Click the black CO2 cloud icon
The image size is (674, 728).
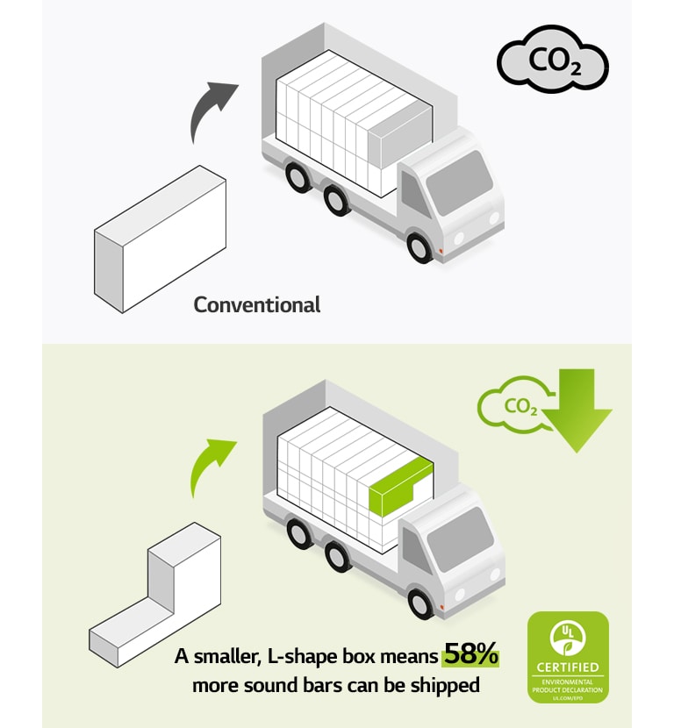pos(553,63)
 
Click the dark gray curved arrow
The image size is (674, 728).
pos(211,110)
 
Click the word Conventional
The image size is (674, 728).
pos(257,305)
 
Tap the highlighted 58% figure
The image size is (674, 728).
pos(470,653)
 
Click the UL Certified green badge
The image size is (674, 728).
pos(567,657)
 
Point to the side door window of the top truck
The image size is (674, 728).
pos(412,194)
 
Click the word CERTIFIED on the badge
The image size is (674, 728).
pos(567,668)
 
